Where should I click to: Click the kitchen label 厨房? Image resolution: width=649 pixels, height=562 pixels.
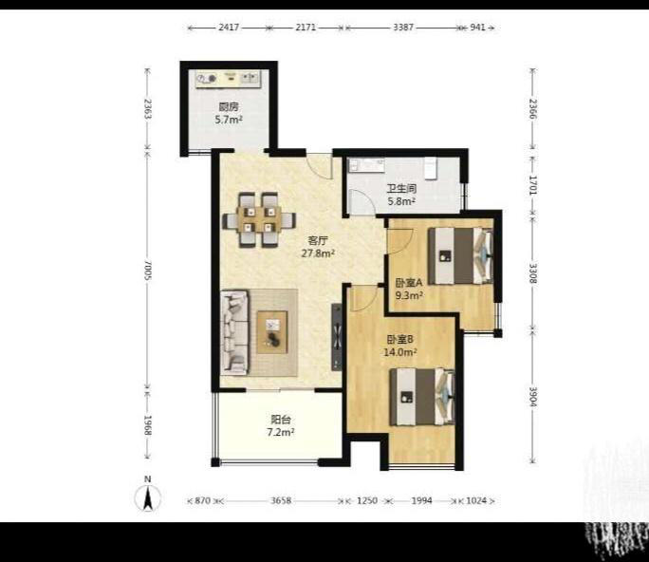[x=229, y=107]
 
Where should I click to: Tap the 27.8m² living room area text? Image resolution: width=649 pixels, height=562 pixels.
[x=318, y=253]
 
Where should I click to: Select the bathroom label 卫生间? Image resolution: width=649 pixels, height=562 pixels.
[x=401, y=188]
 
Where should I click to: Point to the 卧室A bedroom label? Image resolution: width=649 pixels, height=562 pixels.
[x=409, y=283]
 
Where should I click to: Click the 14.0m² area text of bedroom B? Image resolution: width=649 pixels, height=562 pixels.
[x=399, y=352]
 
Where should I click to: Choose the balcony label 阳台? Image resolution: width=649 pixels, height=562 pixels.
[x=281, y=420]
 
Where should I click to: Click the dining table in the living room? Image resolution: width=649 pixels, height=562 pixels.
[x=259, y=219]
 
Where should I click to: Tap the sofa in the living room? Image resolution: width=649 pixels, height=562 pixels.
[x=234, y=331]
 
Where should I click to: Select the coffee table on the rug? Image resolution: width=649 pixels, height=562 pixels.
[x=272, y=332]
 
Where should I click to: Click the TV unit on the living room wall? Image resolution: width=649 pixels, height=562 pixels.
[x=337, y=337]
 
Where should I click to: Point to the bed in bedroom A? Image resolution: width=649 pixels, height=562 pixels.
[x=460, y=256]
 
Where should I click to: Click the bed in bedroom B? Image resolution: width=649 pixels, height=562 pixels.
[x=422, y=397]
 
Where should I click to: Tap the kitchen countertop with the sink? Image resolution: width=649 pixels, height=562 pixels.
[x=228, y=79]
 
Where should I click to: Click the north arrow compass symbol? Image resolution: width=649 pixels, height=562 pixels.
[x=148, y=497]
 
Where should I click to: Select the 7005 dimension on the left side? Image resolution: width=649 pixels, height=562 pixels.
[x=147, y=270]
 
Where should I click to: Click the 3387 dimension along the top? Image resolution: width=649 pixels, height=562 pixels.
[x=403, y=28]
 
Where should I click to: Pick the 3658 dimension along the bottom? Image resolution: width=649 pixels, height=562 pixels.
[x=281, y=500]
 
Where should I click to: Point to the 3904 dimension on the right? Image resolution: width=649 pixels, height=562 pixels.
[x=533, y=397]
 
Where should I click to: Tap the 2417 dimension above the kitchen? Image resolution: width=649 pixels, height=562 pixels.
[x=229, y=28]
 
